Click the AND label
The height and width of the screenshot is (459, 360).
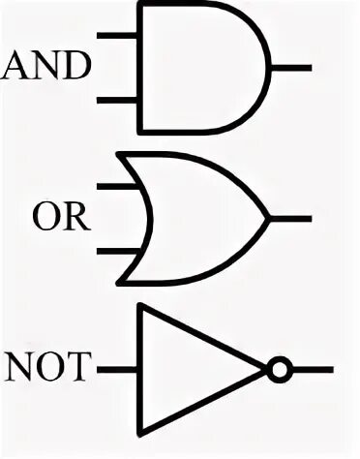[48, 67]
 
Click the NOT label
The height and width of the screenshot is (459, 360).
[47, 369]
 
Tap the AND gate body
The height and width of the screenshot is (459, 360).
[203, 67]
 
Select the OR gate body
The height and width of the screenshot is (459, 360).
[203, 217]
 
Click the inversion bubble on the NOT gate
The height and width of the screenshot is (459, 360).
[279, 369]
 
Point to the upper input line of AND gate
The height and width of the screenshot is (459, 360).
[120, 36]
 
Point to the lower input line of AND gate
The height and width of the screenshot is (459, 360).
[120, 98]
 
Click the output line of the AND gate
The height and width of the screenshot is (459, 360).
[293, 67]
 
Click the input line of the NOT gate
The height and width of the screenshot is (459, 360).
[118, 369]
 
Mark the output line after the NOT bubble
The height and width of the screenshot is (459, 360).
[312, 369]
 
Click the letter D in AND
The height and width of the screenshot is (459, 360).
[77, 67]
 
